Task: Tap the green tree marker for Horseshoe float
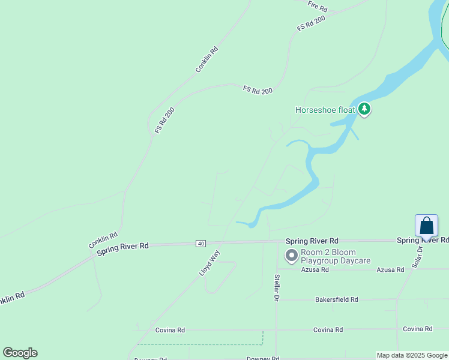[x=364, y=109]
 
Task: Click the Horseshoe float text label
[x=325, y=110]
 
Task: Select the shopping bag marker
[x=426, y=226]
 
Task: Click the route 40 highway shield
[x=200, y=244]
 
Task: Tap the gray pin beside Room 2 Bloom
[x=292, y=256]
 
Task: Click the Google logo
[x=20, y=353]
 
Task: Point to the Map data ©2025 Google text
[x=412, y=355]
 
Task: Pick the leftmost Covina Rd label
[x=170, y=330]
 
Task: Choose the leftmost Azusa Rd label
[x=316, y=270]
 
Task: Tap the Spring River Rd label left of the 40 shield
[x=122, y=248]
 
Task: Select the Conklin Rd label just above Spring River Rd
[x=103, y=241]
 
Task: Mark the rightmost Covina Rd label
[x=418, y=329]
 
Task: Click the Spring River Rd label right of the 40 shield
[x=312, y=240]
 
